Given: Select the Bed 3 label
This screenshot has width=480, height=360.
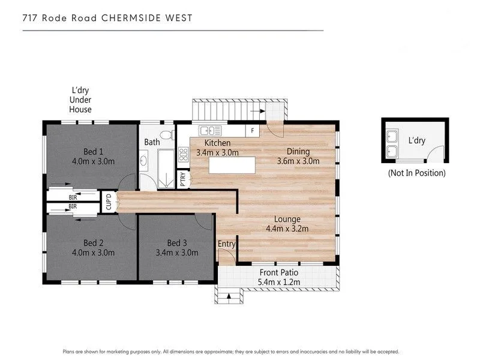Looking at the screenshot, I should pyautogui.click(x=173, y=242).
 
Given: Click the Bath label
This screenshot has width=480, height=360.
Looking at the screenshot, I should pyautogui.click(x=152, y=142).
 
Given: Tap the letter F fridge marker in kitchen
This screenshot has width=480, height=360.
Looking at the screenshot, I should pyautogui.click(x=253, y=130).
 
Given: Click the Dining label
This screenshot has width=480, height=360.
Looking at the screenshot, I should pyautogui.click(x=298, y=151).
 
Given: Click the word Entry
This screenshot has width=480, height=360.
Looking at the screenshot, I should pyautogui.click(x=227, y=244).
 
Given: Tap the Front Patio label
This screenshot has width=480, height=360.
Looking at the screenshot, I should pyautogui.click(x=278, y=272).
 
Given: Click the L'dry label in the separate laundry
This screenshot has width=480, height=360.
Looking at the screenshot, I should pyautogui.click(x=416, y=140).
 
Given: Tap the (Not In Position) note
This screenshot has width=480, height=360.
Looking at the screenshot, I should pyautogui.click(x=416, y=173).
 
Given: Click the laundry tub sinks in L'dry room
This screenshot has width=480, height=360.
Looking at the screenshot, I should pyautogui.click(x=393, y=143).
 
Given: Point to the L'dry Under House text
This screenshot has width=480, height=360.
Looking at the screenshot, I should pyautogui.click(x=80, y=100).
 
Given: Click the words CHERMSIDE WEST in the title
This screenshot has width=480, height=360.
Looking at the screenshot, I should pyautogui.click(x=148, y=18).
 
